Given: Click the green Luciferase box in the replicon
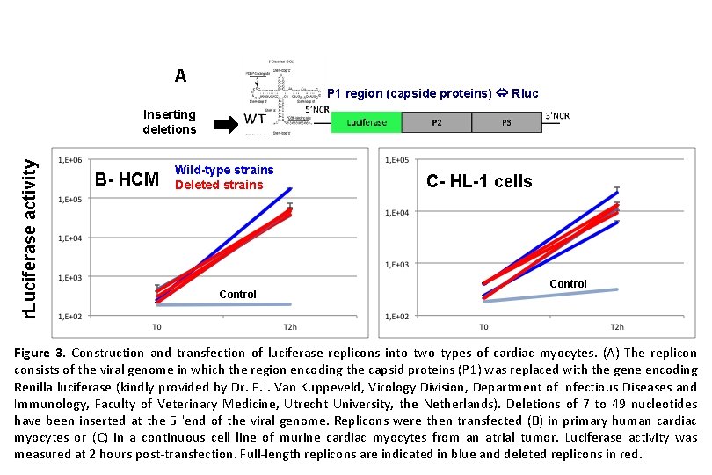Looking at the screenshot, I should [x=367, y=122].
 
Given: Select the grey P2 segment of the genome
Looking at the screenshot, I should [x=437, y=122].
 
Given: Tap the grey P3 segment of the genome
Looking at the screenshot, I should [x=505, y=122].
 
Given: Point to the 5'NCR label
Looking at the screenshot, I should [x=317, y=110].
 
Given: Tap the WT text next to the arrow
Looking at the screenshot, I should [x=256, y=119].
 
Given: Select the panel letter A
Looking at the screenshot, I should [x=180, y=76].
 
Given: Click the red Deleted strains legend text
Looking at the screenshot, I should [x=219, y=185].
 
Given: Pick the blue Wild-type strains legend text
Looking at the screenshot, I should [x=224, y=170].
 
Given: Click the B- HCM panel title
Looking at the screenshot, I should [x=127, y=180].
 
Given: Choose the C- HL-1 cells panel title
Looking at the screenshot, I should [x=479, y=181].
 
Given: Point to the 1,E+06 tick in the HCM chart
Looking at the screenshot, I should [x=70, y=160].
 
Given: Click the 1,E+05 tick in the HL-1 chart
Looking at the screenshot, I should [x=399, y=160].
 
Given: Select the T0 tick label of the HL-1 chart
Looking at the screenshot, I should [x=483, y=327].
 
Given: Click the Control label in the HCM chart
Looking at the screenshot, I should [x=237, y=295].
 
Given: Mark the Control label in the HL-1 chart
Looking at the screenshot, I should [x=568, y=284].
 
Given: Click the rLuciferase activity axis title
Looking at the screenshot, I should [x=29, y=227].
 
